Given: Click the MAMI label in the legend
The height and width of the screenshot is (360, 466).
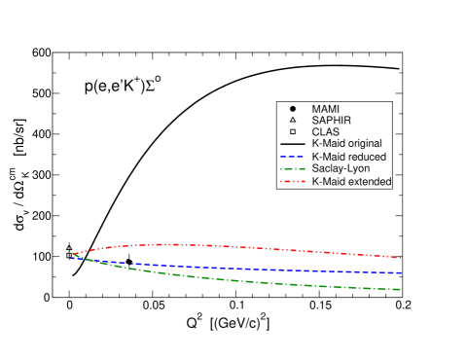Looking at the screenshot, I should click(x=326, y=106).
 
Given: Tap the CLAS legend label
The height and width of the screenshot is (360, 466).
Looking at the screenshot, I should click(x=325, y=131).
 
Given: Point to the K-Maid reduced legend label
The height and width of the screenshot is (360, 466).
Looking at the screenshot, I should click(x=350, y=157).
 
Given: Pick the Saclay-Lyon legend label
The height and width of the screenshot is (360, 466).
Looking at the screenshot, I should click(x=342, y=169).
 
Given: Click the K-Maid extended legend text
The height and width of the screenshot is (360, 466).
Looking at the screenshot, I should click(x=351, y=182).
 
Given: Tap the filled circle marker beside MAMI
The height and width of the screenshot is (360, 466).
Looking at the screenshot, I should click(x=292, y=106).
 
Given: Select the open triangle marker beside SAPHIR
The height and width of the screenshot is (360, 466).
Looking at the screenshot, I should click(x=292, y=119).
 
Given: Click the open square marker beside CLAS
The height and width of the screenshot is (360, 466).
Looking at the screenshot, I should click(x=292, y=131).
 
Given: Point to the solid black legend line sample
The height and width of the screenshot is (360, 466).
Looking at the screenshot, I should click(x=292, y=144).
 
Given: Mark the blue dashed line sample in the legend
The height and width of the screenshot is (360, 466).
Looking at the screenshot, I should click(x=292, y=157).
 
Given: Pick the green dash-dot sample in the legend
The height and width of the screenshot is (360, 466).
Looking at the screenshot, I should click(x=292, y=169).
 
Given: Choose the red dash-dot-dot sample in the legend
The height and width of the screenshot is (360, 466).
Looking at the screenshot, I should click(x=292, y=182).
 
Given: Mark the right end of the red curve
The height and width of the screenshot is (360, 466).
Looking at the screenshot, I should click(x=401, y=258).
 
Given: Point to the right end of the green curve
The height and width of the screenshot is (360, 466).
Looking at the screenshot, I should click(x=401, y=289).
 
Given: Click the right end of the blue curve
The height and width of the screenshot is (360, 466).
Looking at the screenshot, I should click(x=401, y=272).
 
